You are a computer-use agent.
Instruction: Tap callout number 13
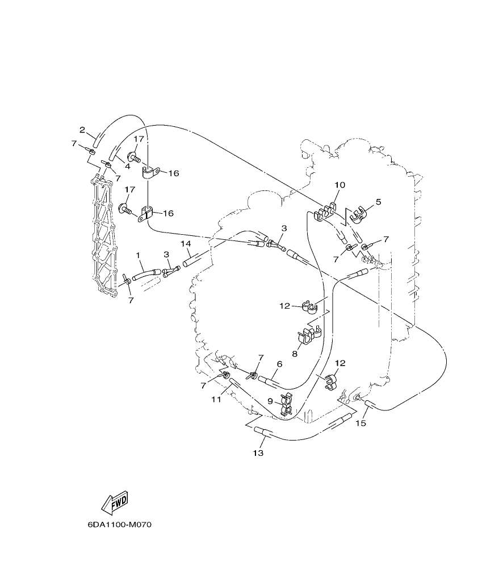click(258, 453)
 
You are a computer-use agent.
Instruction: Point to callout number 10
click(339, 185)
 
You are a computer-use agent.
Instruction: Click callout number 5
click(378, 201)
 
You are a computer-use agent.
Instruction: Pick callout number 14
click(186, 243)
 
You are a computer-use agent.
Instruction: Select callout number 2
click(82, 130)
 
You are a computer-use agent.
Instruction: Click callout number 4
click(128, 167)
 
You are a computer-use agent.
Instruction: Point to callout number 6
click(279, 364)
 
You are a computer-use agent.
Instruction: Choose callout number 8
click(295, 353)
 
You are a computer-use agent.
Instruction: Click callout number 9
click(271, 401)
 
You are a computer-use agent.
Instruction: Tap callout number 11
click(216, 400)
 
